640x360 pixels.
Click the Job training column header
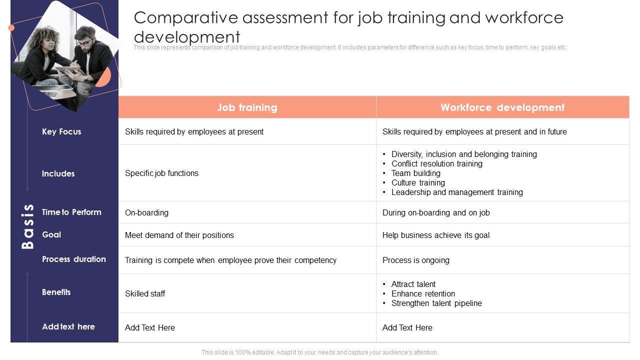(x=247, y=107)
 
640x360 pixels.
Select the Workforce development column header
(x=502, y=107)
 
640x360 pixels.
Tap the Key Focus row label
(x=61, y=131)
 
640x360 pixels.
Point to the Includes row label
(x=58, y=173)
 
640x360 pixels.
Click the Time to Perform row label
(x=71, y=212)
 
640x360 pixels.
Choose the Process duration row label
(x=74, y=259)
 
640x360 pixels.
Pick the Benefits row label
(x=56, y=292)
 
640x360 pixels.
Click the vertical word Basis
(x=28, y=226)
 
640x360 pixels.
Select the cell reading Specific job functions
(x=161, y=173)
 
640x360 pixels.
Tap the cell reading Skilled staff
(x=145, y=293)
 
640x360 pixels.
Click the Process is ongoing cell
(x=415, y=260)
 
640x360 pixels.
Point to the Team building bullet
(x=415, y=173)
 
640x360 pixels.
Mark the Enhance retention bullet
(x=423, y=293)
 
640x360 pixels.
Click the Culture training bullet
(x=418, y=182)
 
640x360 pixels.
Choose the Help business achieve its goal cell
(x=435, y=235)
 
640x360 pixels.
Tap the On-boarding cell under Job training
(x=146, y=212)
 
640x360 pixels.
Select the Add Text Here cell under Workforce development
(x=407, y=327)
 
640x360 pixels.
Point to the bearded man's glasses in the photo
(x=84, y=42)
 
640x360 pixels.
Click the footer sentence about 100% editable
(x=319, y=352)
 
